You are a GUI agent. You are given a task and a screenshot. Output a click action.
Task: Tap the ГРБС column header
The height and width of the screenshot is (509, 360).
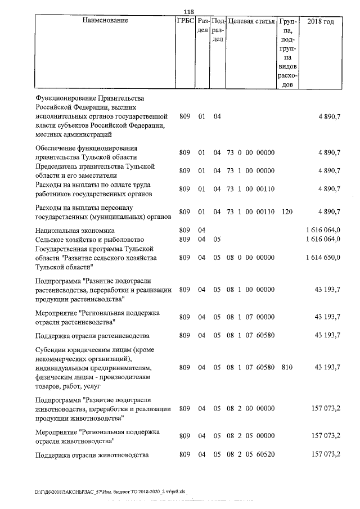[x=185, y=21]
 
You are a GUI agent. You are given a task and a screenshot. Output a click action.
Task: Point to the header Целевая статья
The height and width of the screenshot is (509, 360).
[x=250, y=21]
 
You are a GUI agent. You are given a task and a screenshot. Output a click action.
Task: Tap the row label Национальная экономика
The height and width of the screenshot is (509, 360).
[x=74, y=230]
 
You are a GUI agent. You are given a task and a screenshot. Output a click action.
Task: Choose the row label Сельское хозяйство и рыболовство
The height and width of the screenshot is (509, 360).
[x=89, y=239]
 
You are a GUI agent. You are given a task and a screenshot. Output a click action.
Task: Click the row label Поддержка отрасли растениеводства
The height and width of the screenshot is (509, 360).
[x=92, y=336]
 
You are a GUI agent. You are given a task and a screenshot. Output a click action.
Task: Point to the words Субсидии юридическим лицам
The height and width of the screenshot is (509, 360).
[x=79, y=349]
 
